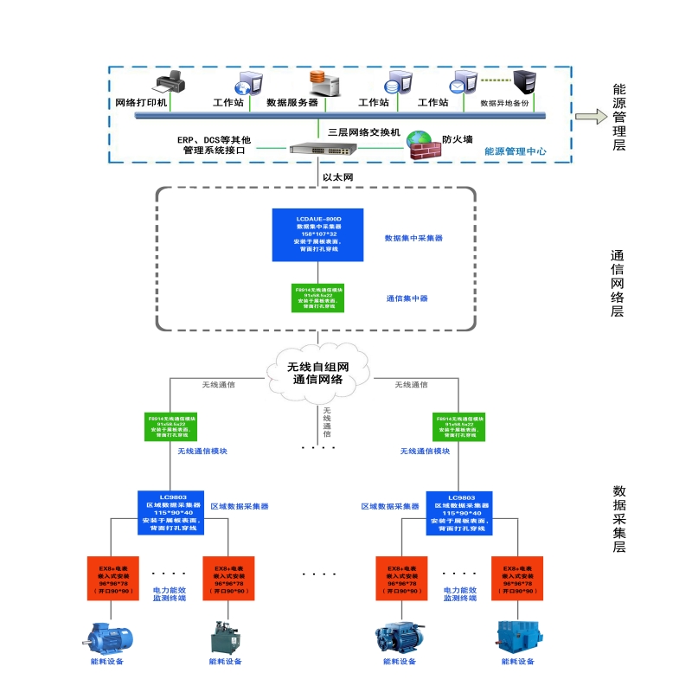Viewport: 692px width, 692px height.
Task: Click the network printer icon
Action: (170, 83)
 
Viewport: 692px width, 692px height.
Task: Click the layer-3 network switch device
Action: (316, 149)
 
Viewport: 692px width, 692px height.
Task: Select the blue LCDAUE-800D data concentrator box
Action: (318, 234)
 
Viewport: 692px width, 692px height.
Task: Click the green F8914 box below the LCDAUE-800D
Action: (318, 296)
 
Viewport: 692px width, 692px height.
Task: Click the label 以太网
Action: (337, 177)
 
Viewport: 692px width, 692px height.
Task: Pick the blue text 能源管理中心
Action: (515, 151)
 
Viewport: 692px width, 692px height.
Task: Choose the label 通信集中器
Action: (407, 298)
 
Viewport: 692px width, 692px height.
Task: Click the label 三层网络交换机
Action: (364, 132)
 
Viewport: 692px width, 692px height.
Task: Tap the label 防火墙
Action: (457, 138)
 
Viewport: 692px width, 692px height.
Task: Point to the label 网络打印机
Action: (141, 102)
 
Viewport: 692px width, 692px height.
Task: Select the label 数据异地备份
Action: (504, 103)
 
